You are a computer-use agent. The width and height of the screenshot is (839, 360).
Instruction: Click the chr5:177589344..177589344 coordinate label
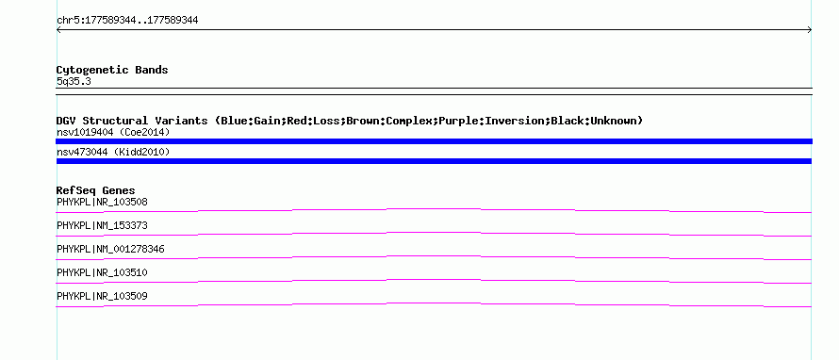pos(127,21)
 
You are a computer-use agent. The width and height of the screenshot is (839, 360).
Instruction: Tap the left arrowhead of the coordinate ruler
pos(58,30)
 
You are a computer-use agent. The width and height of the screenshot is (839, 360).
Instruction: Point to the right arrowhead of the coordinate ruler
pos(810,30)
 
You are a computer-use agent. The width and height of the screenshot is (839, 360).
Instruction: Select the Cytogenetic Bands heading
pos(112,70)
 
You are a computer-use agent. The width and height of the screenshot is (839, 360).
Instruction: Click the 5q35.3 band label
pos(74,81)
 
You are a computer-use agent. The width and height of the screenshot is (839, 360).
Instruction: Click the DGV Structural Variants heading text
pos(132,121)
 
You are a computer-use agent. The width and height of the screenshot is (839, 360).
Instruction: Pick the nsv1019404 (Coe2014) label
pos(113,132)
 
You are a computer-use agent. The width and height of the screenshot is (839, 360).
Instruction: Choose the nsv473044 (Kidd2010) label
pos(113,153)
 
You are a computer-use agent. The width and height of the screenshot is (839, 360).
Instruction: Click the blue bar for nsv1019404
pos(434,141)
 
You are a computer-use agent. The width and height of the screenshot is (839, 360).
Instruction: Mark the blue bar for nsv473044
pos(434,161)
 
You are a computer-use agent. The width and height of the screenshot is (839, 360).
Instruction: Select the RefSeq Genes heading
pos(96,190)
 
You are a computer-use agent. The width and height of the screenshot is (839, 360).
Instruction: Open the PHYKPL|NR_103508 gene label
pos(102,203)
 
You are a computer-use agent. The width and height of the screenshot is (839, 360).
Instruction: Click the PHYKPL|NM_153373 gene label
pos(102,226)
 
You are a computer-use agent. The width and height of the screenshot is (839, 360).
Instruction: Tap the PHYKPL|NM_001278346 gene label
pos(110,250)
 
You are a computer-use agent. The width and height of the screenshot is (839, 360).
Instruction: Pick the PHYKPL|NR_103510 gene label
pos(102,272)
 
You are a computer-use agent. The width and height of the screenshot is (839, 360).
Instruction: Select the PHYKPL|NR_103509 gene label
pos(102,296)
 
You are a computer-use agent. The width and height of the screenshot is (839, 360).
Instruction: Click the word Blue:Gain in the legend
pos(251,121)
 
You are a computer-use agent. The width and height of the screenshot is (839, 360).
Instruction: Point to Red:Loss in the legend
pos(313,121)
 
